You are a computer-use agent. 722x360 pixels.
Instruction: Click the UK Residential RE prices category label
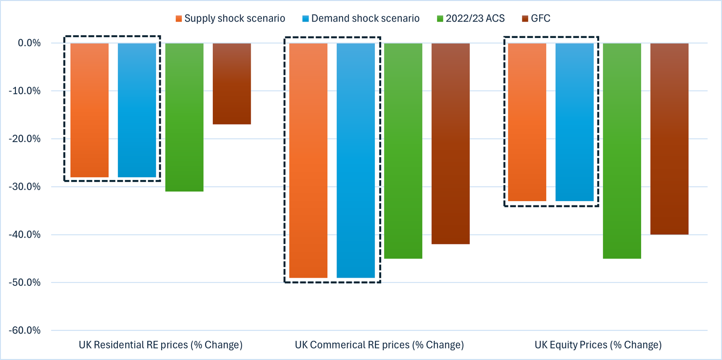pyautogui.click(x=160, y=345)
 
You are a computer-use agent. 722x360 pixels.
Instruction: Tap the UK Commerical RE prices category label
pyautogui.click(x=379, y=345)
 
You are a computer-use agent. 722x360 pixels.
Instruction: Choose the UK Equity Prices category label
pyautogui.click(x=598, y=345)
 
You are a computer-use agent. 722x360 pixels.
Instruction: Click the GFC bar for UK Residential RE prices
pyautogui.click(x=232, y=84)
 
